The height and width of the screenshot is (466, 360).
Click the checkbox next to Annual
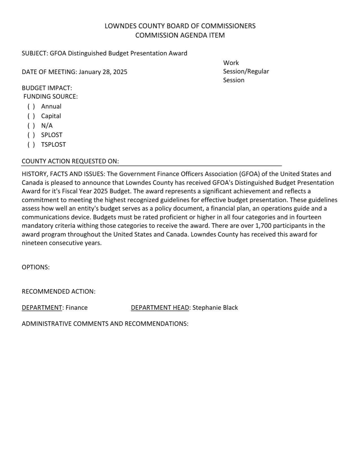tap(31, 106)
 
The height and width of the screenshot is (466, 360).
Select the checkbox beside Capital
tap(31, 116)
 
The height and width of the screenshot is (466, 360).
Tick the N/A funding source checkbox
tap(31, 126)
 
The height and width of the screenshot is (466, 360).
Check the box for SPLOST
tap(31, 135)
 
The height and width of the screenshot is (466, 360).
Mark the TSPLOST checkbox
tap(31, 145)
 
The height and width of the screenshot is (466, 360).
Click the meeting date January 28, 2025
tap(103, 72)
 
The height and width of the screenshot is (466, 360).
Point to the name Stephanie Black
tap(215, 308)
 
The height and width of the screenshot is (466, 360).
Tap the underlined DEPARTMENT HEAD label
tap(160, 308)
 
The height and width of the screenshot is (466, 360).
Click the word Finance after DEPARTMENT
tap(77, 308)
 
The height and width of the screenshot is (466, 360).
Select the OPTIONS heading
tap(36, 267)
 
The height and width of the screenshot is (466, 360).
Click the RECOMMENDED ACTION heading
tap(58, 291)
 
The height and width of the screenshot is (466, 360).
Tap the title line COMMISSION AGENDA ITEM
tap(180, 35)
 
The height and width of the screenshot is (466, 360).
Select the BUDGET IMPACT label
tap(47, 88)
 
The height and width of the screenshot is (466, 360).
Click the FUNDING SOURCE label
tap(51, 97)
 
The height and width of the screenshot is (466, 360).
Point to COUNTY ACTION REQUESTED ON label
tap(70, 161)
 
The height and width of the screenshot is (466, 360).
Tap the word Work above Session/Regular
tap(231, 63)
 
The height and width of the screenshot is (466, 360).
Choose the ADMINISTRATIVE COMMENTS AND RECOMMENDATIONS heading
tap(105, 324)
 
